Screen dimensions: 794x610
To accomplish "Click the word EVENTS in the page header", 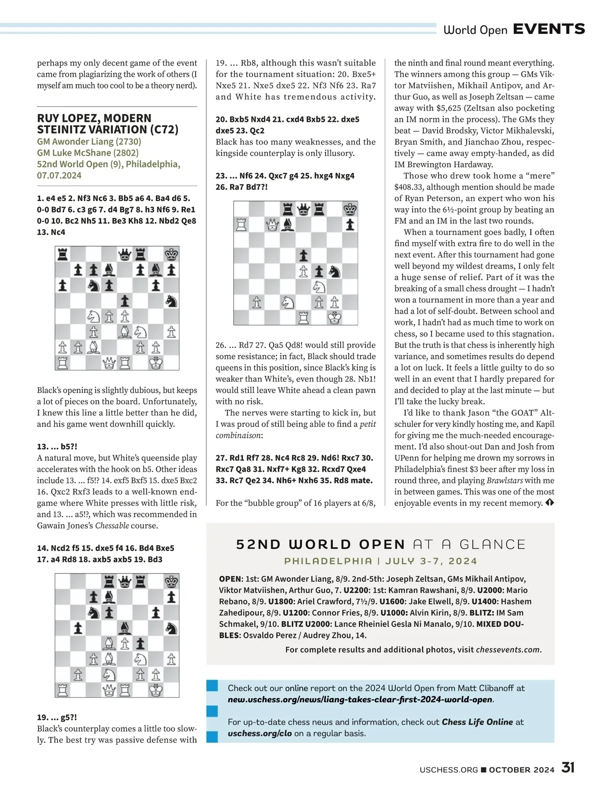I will [549, 29].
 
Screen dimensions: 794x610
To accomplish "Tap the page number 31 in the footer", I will [568, 768].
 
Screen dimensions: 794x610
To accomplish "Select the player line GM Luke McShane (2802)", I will [87, 153].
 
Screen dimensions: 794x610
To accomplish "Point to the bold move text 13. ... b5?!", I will [57, 447].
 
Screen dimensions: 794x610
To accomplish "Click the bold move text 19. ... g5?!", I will [57, 717].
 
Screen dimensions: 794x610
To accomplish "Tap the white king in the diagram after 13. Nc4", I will [156, 363].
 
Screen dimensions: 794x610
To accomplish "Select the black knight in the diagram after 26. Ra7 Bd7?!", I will [334, 271].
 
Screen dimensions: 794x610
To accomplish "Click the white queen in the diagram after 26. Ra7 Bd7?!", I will [272, 224].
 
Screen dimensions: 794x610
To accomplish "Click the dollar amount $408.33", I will [412, 187].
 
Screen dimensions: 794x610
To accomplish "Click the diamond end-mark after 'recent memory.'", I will [550, 503].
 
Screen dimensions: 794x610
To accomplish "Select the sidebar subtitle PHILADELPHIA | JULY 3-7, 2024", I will [381, 561].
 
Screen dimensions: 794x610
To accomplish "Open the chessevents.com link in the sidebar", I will [508, 649].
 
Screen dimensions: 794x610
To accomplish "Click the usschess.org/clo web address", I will [260, 733].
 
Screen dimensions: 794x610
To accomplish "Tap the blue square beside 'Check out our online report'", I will [212, 686].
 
